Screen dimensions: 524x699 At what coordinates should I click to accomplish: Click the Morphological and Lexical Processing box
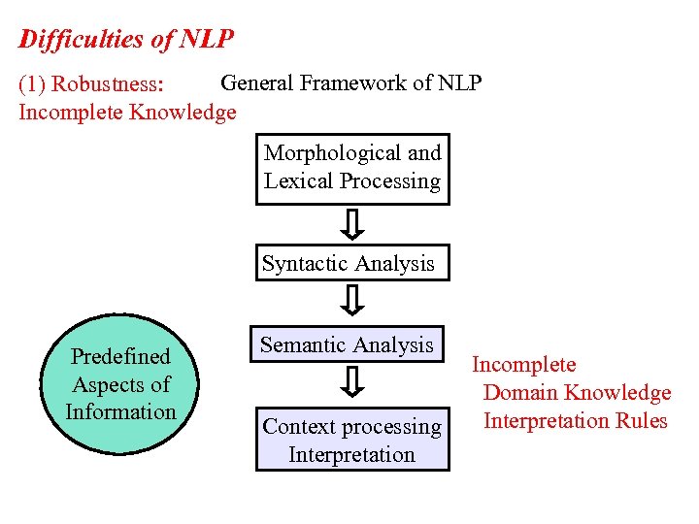[x=352, y=168]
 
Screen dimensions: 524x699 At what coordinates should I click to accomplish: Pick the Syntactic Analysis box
[x=352, y=263]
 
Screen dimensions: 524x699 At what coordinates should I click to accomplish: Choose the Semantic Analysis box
[x=347, y=344]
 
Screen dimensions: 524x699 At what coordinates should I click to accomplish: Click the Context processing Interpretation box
[x=352, y=440]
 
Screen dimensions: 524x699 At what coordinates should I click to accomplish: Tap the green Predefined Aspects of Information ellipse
[x=120, y=384]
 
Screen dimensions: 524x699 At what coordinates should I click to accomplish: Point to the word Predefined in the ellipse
[x=120, y=357]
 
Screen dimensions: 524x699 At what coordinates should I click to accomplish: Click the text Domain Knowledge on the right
[x=577, y=393]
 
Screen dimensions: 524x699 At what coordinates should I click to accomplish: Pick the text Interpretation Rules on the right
[x=575, y=421]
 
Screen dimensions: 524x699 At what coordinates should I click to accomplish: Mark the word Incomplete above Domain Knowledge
[x=523, y=365]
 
